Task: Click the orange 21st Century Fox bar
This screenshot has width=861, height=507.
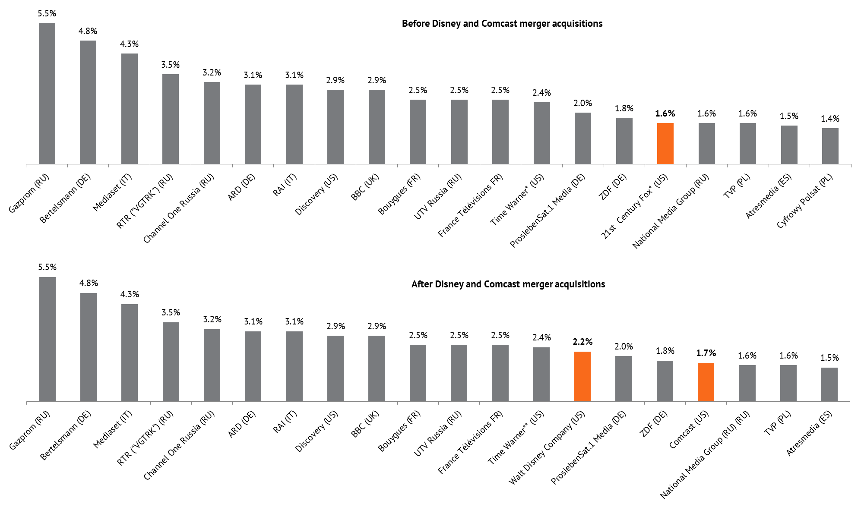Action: tap(665, 143)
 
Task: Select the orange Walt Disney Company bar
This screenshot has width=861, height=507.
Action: tap(582, 376)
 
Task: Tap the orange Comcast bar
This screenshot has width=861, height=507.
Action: tap(706, 382)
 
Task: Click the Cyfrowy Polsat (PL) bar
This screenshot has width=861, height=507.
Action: tap(830, 146)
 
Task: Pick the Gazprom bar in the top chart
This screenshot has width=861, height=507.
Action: tap(47, 93)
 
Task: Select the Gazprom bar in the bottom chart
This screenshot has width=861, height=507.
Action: tap(47, 339)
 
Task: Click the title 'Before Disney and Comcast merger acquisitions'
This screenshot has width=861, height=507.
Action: tap(502, 24)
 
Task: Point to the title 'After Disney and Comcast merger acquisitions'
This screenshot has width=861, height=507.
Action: tap(508, 284)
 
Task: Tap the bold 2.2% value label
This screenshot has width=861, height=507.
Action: tap(582, 342)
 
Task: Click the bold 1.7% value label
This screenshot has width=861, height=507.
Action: tap(706, 353)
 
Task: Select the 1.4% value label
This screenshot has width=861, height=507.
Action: tap(830, 119)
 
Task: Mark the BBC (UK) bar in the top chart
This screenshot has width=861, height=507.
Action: tap(377, 127)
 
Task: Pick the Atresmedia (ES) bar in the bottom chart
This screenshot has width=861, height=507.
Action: tap(829, 384)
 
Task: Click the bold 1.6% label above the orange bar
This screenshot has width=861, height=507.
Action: tap(665, 114)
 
